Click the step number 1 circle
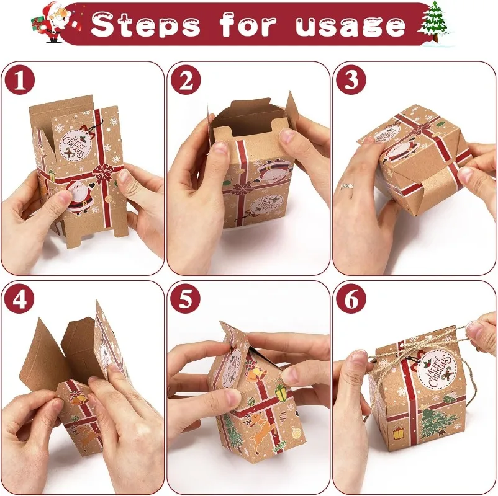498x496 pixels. tap(20, 79)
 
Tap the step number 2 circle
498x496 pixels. tap(186, 79)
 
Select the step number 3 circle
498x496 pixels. tap(351, 79)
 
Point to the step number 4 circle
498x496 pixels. tap(20, 299)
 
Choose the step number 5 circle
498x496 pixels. tap(186, 299)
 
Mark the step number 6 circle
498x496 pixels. tap(351, 299)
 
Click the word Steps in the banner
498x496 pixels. tap(145, 25)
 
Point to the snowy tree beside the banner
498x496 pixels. tap(435, 23)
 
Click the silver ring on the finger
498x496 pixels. tap(348, 186)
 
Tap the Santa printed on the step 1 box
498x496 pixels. tap(80, 197)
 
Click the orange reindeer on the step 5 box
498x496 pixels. tap(259, 428)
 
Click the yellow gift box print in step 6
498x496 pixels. tap(398, 433)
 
